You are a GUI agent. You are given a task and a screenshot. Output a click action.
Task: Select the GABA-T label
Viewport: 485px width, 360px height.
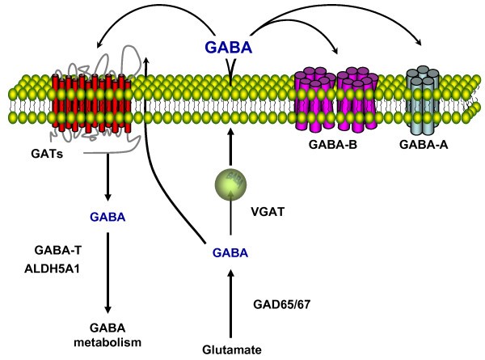(54, 251)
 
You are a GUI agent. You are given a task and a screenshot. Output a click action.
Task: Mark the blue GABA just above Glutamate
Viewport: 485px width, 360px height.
(230, 252)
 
